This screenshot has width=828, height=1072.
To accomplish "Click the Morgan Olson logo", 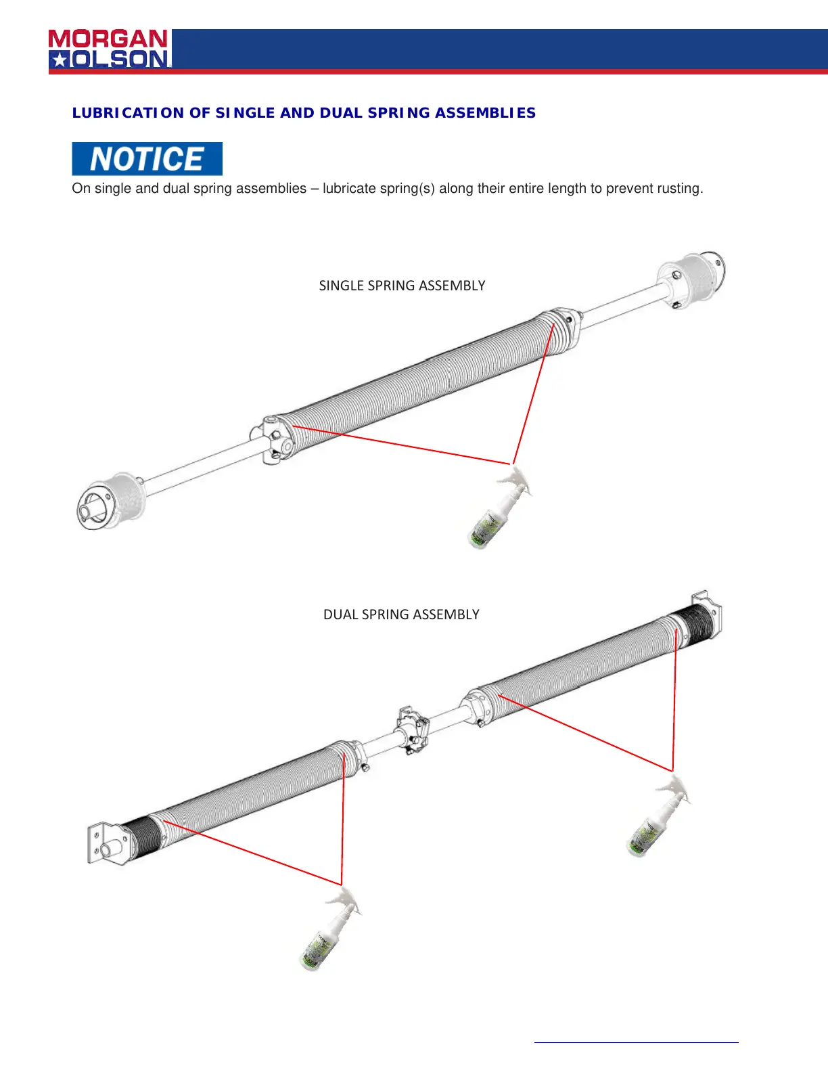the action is [x=109, y=49].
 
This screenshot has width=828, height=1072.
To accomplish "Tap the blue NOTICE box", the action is [x=147, y=159].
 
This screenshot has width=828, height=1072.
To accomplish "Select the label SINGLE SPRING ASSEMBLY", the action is [x=402, y=286].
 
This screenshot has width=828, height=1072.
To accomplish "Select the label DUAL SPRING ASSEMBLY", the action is [x=401, y=615].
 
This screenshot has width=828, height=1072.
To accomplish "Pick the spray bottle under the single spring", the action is [x=498, y=511].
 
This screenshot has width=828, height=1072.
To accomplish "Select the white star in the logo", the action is [x=60, y=60].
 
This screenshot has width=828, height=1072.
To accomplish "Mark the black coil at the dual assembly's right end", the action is [x=693, y=624].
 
